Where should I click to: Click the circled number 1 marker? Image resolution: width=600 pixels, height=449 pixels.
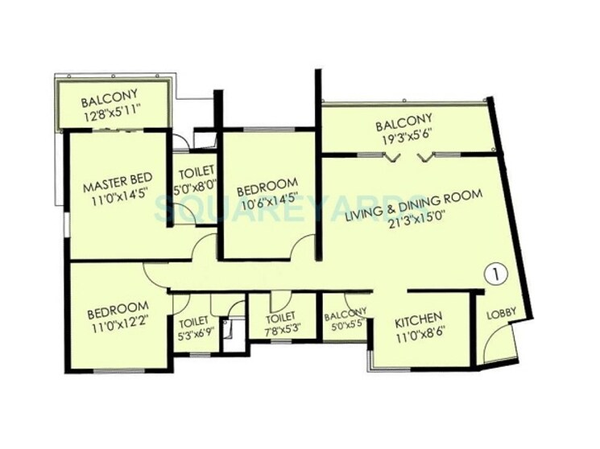(496, 274)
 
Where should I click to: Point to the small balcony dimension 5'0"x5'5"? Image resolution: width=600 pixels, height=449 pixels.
(346, 327)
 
